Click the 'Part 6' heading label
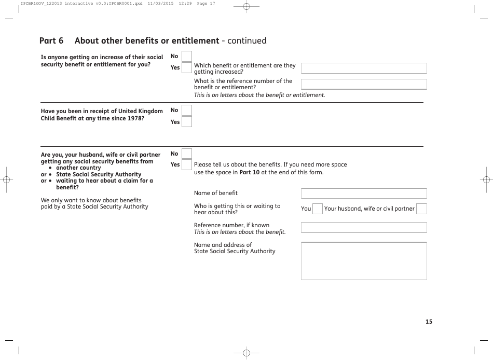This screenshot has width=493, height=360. (x=51, y=40)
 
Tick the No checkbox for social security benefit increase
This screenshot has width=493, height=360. (x=187, y=56)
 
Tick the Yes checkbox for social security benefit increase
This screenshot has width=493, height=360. (x=187, y=67)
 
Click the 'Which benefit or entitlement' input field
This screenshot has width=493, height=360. (x=364, y=68)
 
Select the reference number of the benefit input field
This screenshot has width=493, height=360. (x=364, y=84)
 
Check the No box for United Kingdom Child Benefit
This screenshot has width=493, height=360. (x=187, y=110)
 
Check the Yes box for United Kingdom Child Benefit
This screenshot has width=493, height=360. (x=187, y=122)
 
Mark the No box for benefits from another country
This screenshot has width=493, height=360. (x=187, y=154)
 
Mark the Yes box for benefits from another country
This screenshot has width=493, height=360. (x=187, y=165)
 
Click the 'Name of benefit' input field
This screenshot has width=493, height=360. (x=364, y=193)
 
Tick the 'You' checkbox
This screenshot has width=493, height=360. (x=318, y=209)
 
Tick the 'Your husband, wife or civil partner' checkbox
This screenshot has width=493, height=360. (x=421, y=209)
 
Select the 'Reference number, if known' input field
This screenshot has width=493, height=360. (x=364, y=228)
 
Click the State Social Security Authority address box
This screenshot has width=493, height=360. (x=364, y=261)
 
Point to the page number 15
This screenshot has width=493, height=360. (x=429, y=322)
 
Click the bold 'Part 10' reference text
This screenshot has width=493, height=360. (x=249, y=172)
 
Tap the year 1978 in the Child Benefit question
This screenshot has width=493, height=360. (x=136, y=118)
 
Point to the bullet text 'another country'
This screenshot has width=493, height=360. (x=78, y=168)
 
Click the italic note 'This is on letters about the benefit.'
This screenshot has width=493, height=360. (x=240, y=232)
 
